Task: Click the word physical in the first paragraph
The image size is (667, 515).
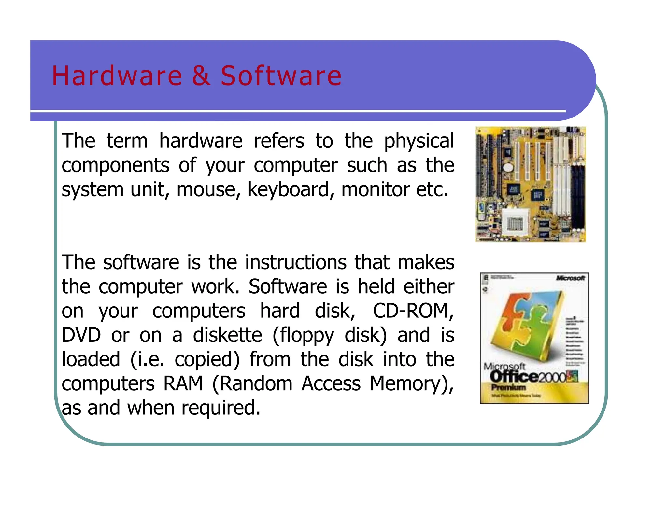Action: [x=419, y=142]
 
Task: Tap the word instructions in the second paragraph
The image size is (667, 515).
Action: [x=296, y=262]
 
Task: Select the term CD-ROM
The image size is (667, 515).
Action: [x=413, y=311]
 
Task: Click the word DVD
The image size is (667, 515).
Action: [x=81, y=335]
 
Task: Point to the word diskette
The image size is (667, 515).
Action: [x=227, y=335]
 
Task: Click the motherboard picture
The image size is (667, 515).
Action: [x=531, y=184]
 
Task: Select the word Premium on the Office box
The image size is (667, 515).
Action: [x=508, y=387]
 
